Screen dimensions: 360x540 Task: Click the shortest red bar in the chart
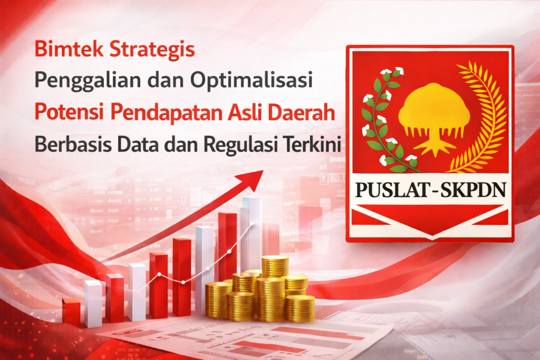(x=71, y=311)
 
